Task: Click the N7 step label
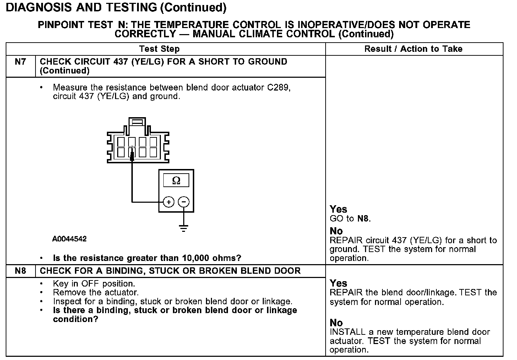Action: coord(21,62)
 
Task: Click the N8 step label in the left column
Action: coord(21,271)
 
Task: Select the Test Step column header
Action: coord(159,49)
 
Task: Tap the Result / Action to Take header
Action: coord(413,49)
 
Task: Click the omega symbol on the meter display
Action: coord(176,181)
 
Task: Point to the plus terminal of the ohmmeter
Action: coord(169,202)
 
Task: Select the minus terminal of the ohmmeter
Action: coord(184,202)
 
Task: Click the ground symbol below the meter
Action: coord(184,228)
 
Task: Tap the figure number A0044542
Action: coord(70,239)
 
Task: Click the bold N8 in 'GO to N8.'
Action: coord(363,218)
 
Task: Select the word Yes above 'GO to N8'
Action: coord(338,209)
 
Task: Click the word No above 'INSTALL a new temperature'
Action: coord(336,323)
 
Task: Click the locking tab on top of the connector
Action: coord(137,122)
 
